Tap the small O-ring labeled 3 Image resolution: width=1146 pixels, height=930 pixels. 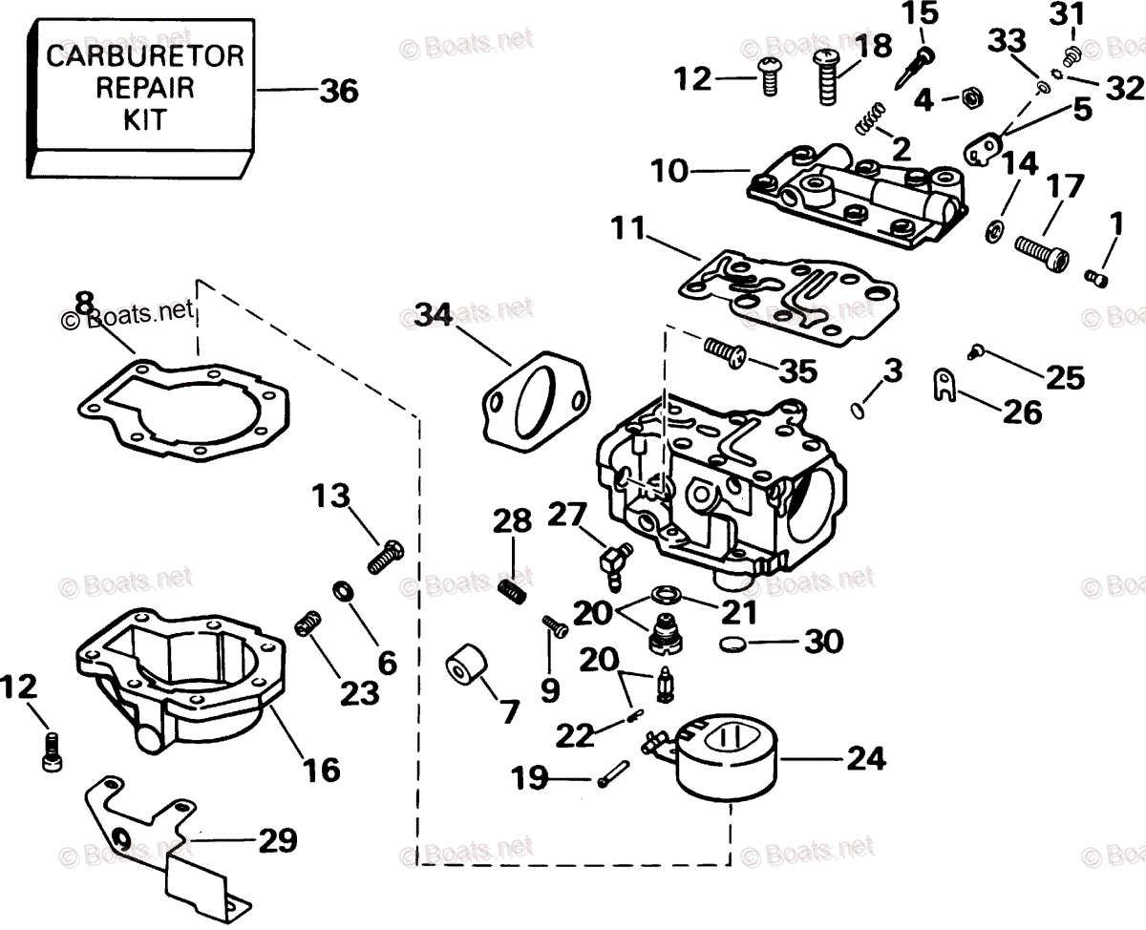point(857,408)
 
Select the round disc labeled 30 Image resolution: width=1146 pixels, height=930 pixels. point(731,644)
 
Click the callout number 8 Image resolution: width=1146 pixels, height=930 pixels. point(84,304)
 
